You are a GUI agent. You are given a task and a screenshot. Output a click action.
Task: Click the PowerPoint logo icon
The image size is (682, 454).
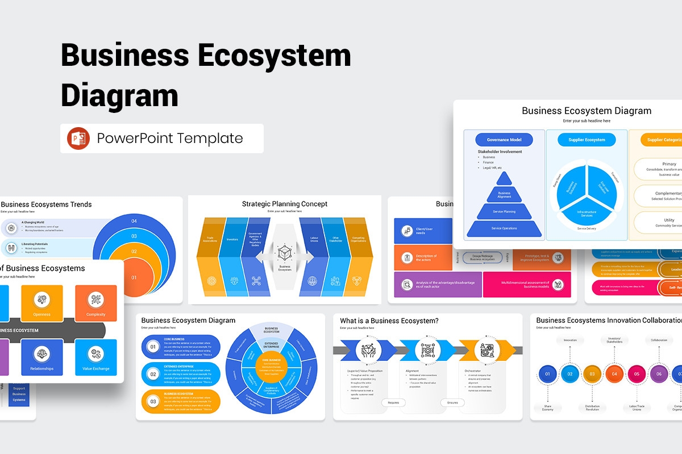[x=78, y=138]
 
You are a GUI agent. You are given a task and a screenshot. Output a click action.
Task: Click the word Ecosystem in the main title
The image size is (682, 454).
[x=271, y=56]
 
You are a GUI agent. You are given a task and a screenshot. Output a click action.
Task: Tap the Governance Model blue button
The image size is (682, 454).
[x=504, y=140]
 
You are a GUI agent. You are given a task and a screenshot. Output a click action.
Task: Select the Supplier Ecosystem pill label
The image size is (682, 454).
[x=587, y=140]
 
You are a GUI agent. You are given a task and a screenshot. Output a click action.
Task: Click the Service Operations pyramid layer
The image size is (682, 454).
[x=504, y=229]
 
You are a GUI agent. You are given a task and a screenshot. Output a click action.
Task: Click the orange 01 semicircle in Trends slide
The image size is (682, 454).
[x=134, y=278]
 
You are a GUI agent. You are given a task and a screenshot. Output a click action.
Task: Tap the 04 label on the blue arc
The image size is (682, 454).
[x=134, y=221]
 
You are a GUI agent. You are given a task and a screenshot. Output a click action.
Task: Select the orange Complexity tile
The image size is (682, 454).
[x=95, y=303]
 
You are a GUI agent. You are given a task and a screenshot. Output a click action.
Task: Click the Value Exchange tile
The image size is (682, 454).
[x=95, y=358]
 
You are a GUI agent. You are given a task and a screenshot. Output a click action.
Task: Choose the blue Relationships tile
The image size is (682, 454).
[x=42, y=358]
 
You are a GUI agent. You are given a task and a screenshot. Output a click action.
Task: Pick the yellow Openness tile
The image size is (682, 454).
[x=42, y=303]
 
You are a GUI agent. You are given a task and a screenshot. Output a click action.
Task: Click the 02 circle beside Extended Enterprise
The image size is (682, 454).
[x=153, y=375]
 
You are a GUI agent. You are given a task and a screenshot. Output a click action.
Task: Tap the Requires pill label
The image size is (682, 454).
[x=393, y=402]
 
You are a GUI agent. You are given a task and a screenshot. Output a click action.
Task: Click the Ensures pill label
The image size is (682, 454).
[x=452, y=402]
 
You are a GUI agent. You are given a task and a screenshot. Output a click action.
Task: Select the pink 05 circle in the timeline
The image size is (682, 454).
[x=637, y=374]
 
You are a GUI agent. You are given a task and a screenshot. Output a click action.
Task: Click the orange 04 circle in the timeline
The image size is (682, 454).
[x=614, y=374]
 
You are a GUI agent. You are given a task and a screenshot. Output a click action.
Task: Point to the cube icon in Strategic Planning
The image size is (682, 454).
[x=284, y=251]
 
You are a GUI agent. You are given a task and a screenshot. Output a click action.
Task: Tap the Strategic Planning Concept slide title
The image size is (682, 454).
[x=284, y=204]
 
